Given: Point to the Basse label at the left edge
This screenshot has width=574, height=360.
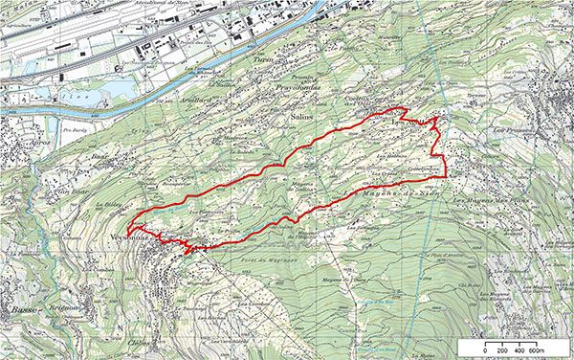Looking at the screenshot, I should pyautogui.click(x=17, y=272).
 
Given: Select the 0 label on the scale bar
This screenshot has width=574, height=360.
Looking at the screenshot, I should pyautogui.click(x=485, y=351).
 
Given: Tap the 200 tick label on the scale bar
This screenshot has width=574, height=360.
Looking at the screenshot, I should pyautogui.click(x=503, y=351).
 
